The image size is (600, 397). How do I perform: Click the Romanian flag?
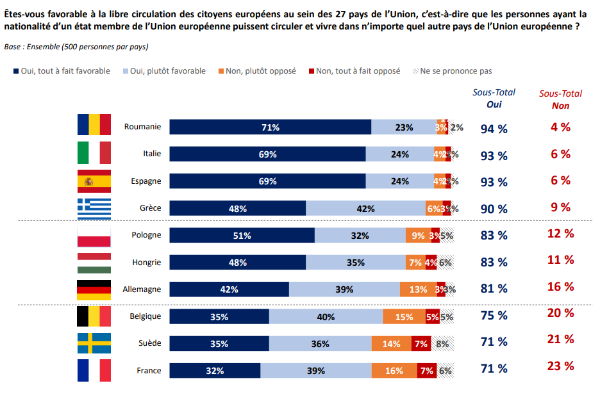pyautogui.click(x=94, y=126)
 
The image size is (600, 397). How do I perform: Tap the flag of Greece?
pyautogui.click(x=94, y=208)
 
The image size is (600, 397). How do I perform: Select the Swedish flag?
pyautogui.click(x=94, y=343)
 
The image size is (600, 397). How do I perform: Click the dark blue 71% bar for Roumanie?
pyautogui.click(x=271, y=127)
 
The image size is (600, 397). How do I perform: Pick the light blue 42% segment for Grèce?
pyautogui.click(x=365, y=208)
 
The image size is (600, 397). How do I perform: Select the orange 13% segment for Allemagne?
pyautogui.click(x=418, y=289)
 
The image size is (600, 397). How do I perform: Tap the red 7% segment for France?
pyautogui.click(x=426, y=371)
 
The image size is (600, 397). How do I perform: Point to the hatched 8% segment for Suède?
pyautogui.click(x=442, y=344)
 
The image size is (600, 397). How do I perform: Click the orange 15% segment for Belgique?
pyautogui.click(x=404, y=316)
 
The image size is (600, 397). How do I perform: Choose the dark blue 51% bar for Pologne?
pyautogui.click(x=242, y=236)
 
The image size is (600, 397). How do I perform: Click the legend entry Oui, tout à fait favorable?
pyautogui.click(x=61, y=71)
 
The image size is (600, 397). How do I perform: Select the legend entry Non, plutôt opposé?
pyautogui.click(x=257, y=71)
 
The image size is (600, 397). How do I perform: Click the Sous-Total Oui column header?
pyautogui.click(x=494, y=99)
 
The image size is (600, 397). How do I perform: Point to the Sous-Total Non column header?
pyautogui.click(x=560, y=99)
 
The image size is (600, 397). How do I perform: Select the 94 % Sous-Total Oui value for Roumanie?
pyautogui.click(x=494, y=129)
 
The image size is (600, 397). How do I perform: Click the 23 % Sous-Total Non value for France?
pyautogui.click(x=560, y=366)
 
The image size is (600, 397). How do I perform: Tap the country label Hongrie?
pyautogui.click(x=146, y=263)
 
